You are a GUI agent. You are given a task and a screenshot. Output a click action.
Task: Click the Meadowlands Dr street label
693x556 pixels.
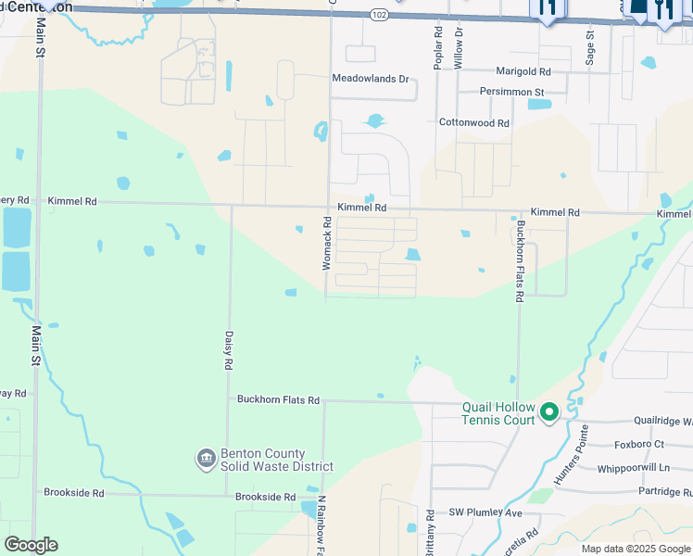click(371, 79)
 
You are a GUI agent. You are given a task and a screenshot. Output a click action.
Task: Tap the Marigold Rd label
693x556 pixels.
click(523, 71)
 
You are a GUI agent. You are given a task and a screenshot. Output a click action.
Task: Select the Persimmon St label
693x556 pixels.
click(511, 92)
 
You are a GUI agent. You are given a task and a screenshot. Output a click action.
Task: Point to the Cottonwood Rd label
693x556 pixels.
click(474, 122)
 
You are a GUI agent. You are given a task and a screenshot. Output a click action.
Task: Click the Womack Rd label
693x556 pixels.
click(326, 243)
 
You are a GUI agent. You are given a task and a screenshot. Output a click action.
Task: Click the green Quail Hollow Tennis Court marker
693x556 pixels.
click(548, 411)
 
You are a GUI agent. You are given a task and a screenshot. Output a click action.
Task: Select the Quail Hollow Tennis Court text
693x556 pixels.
click(498, 413)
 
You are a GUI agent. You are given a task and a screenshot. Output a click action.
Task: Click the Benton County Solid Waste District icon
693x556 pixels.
click(206, 459)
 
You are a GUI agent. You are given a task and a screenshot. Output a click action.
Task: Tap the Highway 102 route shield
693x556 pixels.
click(378, 15)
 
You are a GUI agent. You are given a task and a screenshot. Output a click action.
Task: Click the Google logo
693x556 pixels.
click(31, 545)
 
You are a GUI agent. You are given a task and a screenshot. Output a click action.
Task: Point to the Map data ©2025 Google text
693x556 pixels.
click(635, 549)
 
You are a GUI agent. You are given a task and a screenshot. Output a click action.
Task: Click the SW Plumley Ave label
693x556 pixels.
click(487, 512)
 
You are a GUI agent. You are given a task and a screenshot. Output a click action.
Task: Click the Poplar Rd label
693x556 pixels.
click(437, 44)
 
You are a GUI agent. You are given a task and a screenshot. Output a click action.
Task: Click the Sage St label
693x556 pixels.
click(589, 42)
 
